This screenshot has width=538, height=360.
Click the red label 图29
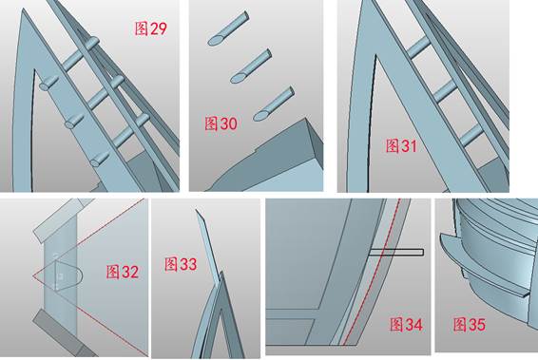150,28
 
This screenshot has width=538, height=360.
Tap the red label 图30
221,123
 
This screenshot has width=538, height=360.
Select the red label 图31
401,145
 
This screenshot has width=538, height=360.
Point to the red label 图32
123,272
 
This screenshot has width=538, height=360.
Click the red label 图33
181,264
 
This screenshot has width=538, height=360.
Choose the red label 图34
406,324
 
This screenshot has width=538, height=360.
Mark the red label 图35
469,324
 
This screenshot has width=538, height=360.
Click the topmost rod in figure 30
228,28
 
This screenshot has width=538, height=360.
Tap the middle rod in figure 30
251,66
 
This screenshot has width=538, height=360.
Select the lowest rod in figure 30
274,104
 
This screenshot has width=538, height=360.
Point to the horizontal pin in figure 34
396,253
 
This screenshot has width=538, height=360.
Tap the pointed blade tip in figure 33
197,211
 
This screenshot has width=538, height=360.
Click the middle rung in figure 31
445,91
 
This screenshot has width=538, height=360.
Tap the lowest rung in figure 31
471,135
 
